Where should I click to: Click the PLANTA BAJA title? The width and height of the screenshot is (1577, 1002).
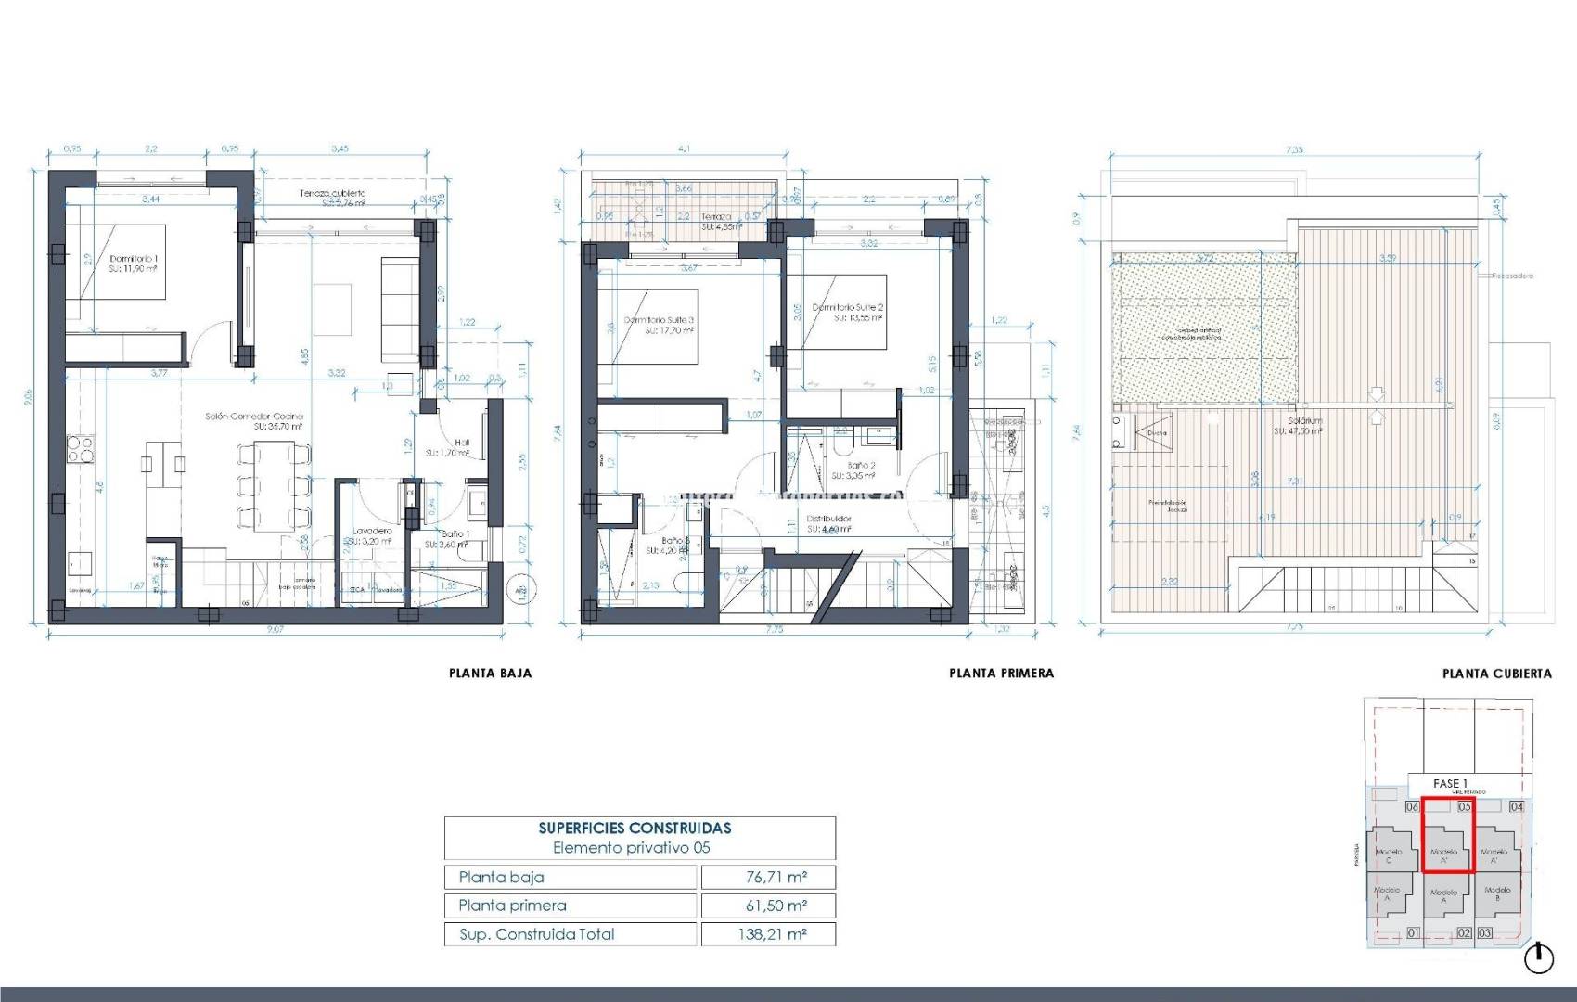click(490, 674)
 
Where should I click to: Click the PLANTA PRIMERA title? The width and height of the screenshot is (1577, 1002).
click(1001, 674)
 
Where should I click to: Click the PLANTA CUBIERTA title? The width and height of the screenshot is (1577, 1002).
click(1496, 674)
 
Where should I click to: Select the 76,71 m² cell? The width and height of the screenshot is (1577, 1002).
click(776, 877)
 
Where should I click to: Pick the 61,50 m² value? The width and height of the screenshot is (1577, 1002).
click(776, 906)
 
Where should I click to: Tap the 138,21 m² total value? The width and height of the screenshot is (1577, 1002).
click(772, 934)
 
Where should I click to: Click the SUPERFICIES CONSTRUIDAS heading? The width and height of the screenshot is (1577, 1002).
click(635, 828)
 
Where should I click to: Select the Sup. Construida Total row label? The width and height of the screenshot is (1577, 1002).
click(536, 934)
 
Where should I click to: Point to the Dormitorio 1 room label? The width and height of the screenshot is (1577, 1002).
click(134, 259)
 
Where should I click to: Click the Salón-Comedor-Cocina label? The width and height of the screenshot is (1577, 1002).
click(253, 417)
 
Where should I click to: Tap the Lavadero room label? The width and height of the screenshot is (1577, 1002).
click(371, 532)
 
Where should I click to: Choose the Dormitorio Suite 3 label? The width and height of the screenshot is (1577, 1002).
click(659, 320)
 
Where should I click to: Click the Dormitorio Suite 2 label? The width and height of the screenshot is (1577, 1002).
click(848, 307)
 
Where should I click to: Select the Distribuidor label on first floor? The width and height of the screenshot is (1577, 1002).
click(828, 519)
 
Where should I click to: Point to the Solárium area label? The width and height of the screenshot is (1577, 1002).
click(1298, 420)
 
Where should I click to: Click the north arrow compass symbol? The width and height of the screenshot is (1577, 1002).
click(1539, 958)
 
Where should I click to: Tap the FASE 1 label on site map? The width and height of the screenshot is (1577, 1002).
click(1450, 784)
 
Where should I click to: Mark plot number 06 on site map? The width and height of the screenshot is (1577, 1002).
click(1412, 807)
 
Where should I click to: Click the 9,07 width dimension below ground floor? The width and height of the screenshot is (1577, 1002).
click(275, 629)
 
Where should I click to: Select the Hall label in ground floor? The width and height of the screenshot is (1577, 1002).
click(462, 443)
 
